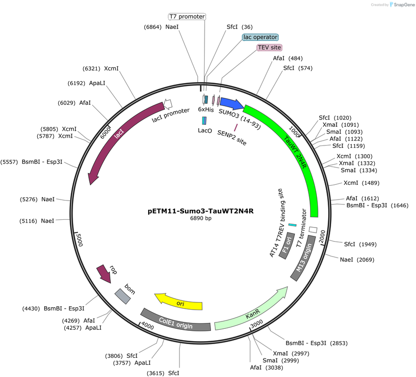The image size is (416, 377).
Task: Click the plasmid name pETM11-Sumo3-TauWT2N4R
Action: pos(201,211)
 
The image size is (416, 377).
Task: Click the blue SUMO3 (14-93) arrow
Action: pos(232,103)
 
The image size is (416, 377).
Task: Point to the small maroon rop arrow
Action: pos(104,274)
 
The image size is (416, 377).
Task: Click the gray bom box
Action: pos(123,296)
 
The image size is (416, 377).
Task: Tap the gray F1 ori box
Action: pos(287,246)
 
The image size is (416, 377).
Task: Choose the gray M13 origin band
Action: pos(303,258)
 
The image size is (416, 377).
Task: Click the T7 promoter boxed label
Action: pos(187,17)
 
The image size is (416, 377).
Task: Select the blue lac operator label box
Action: pos(260,37)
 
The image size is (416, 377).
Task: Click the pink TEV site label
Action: pos(269,48)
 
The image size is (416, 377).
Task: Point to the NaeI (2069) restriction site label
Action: pos(357,260)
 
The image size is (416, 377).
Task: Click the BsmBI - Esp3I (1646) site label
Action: pos(377,205)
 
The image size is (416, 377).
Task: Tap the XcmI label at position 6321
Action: pos(101,69)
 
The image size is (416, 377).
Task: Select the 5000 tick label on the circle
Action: pos(79,240)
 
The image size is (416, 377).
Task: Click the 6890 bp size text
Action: pos(201,218)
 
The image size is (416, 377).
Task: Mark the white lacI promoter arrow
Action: pos(168,104)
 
